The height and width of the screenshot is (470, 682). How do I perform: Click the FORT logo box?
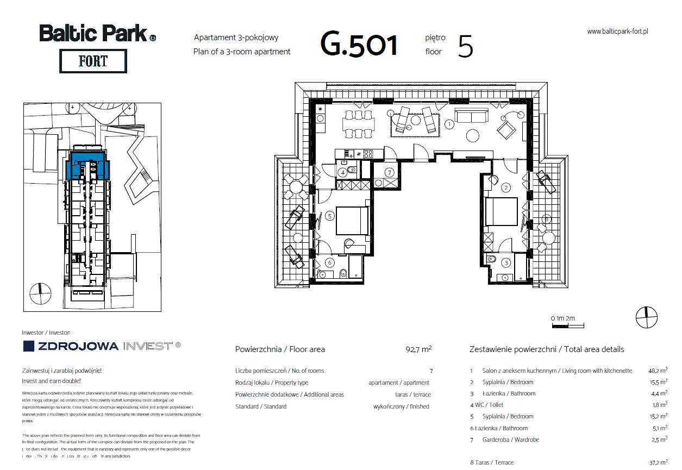click(x=92, y=61)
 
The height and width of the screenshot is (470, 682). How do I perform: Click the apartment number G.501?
click(x=359, y=45)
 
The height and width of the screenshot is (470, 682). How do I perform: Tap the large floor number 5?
click(x=465, y=46)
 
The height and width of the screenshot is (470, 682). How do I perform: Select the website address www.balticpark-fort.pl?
click(x=618, y=32)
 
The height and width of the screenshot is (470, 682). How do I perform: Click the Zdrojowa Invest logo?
click(x=101, y=346)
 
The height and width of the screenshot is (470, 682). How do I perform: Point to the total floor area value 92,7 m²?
click(x=418, y=349)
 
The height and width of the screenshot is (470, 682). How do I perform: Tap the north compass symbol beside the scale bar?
click(x=646, y=317)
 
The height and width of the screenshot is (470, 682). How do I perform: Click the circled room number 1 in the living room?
click(x=449, y=124)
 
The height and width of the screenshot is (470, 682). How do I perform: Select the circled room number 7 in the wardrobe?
click(x=389, y=173)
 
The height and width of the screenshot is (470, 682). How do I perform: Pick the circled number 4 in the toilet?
click(x=343, y=173)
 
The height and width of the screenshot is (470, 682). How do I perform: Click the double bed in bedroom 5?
click(x=351, y=220)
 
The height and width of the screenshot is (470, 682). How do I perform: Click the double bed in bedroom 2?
click(x=501, y=211)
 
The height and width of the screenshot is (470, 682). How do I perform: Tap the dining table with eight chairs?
click(x=358, y=124)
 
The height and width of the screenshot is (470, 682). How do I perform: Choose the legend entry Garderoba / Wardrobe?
click(x=511, y=440)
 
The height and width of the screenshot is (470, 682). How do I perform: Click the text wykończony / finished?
click(x=401, y=406)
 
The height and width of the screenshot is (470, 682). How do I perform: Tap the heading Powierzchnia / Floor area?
click(x=280, y=349)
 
